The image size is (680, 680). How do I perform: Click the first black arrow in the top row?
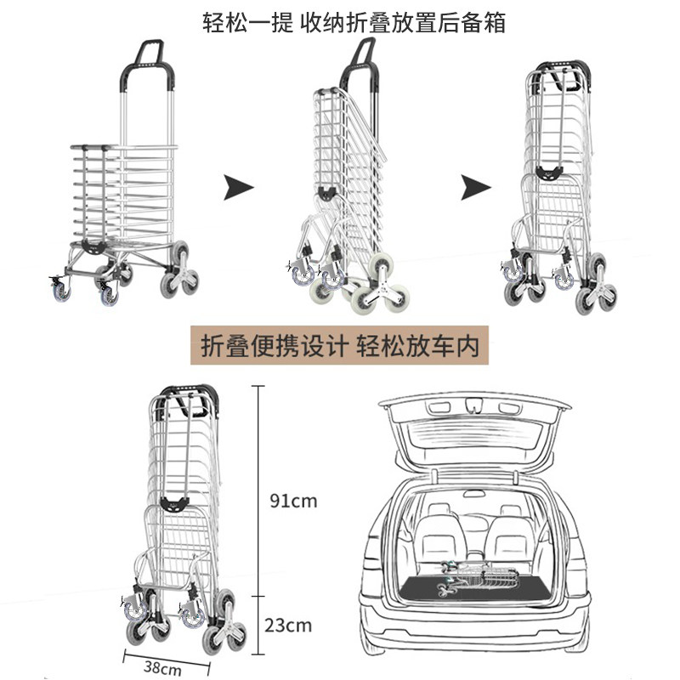click(x=239, y=187)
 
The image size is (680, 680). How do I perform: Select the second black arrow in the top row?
click(x=477, y=187)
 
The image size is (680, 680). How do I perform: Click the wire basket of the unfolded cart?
click(x=123, y=195)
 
